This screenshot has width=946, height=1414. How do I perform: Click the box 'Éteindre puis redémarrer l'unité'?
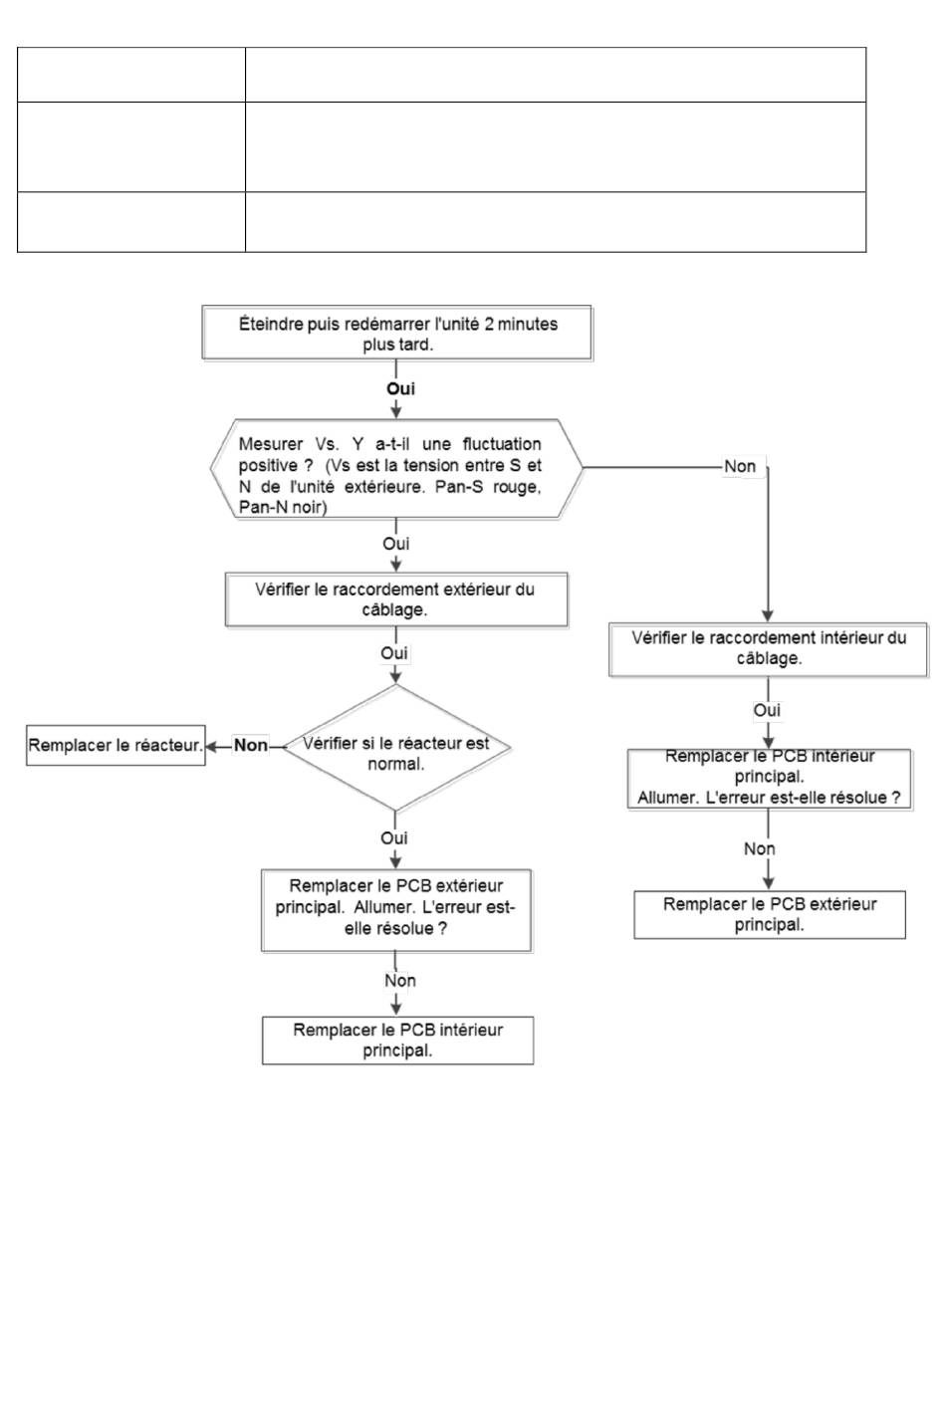[396, 333]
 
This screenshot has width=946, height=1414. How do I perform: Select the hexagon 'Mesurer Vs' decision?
[396, 468]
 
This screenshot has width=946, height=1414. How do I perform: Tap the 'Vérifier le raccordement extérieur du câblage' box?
[396, 599]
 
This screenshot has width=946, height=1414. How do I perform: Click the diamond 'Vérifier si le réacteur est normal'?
[396, 748]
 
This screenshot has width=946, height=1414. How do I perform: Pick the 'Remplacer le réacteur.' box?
[116, 746]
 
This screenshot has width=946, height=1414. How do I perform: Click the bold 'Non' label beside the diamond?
[251, 746]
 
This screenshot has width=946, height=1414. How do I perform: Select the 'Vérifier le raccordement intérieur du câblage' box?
[768, 649]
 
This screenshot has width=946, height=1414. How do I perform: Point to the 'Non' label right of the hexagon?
[740, 466]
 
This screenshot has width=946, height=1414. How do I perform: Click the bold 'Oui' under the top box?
[400, 388]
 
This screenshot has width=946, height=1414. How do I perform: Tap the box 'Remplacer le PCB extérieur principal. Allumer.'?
[396, 910]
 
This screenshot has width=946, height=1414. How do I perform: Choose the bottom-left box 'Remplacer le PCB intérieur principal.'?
[397, 1041]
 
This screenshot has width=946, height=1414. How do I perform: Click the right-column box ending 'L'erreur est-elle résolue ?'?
[770, 779]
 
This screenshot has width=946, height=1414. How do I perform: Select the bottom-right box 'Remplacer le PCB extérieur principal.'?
[770, 915]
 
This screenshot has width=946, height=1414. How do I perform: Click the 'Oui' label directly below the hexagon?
[395, 544]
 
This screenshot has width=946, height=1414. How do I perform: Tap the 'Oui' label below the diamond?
[393, 838]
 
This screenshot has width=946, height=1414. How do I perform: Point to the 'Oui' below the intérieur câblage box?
[767, 711]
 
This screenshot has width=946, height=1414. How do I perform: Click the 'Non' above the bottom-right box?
[759, 849]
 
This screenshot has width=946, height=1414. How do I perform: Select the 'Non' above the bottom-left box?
[400, 981]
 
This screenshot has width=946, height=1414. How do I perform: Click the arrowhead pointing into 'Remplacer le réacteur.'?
[211, 746]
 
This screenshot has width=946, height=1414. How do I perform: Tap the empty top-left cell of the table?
[131, 75]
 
